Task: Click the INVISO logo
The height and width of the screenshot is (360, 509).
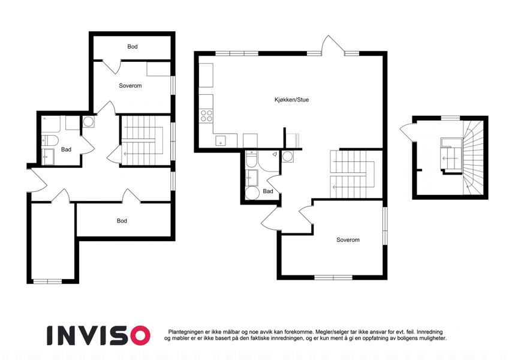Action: tap(98, 335)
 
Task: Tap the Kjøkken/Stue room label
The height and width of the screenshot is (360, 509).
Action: tap(291, 100)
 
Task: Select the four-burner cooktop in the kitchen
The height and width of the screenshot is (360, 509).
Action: tap(206, 116)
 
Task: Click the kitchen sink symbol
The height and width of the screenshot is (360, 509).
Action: tap(221, 140)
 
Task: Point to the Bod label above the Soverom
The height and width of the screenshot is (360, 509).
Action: tap(132, 46)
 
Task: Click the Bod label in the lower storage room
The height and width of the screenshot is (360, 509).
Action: tap(122, 221)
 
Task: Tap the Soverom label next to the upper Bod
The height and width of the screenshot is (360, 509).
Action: tap(130, 86)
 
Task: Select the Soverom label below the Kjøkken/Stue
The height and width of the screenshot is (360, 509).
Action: tap(348, 240)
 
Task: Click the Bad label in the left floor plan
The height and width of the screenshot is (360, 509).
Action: tap(66, 149)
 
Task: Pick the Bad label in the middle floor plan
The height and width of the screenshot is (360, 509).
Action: tap(268, 191)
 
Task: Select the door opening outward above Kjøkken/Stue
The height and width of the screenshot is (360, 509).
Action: tap(332, 46)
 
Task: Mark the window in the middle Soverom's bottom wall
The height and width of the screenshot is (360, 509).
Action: tap(333, 277)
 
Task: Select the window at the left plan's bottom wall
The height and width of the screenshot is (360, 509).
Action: tap(47, 281)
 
